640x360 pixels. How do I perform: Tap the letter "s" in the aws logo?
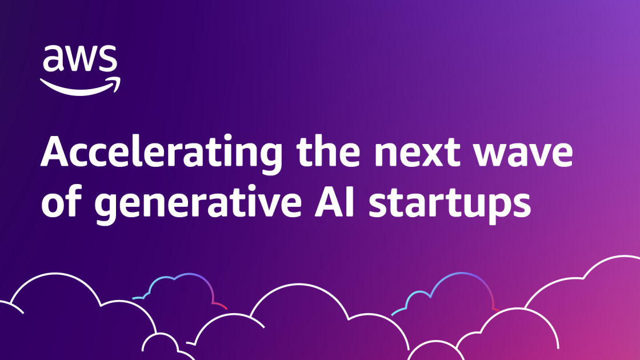pyautogui.click(x=108, y=59)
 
